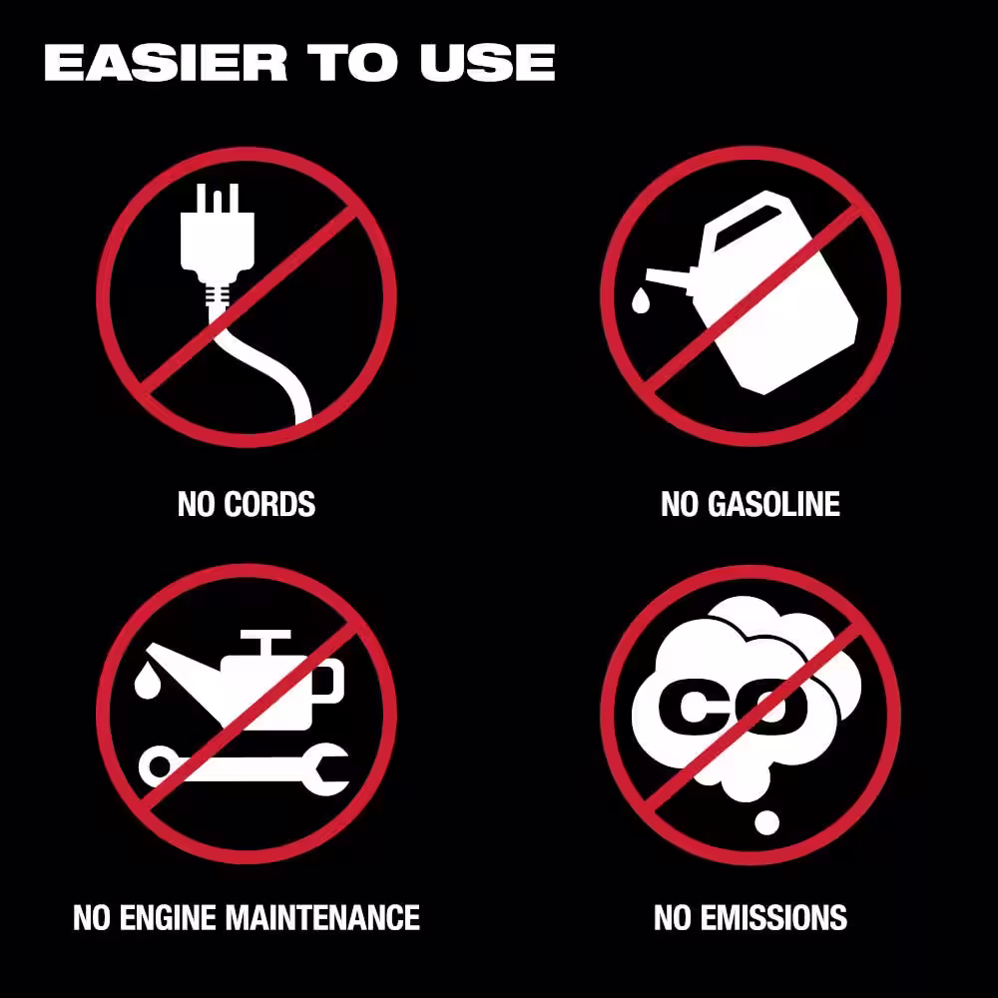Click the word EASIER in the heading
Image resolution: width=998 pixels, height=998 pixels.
166,62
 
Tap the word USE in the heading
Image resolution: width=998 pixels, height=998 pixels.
488,62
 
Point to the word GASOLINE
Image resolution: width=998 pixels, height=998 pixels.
774,504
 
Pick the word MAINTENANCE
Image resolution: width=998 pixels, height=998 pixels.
322,918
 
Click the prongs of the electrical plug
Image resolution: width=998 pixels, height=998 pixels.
217,198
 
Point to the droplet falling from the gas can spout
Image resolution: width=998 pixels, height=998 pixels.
641,299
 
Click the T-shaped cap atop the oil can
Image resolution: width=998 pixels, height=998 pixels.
265,644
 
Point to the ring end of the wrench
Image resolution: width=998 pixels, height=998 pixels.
159,766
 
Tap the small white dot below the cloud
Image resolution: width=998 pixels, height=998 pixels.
766,822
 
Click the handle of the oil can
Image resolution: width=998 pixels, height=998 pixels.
327,681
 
